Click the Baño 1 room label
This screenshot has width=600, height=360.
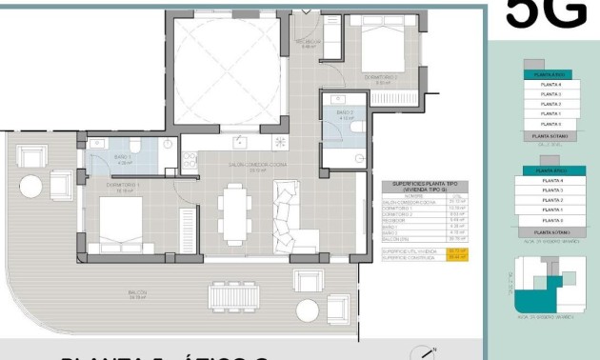click(x=123, y=159)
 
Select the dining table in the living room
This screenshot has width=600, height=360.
click(x=233, y=216)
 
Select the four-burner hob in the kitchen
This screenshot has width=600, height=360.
click(x=280, y=143)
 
